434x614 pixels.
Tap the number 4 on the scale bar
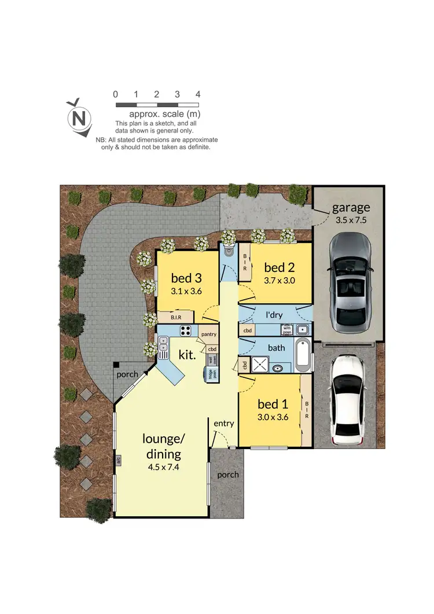(198, 94)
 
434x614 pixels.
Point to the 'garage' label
(351, 208)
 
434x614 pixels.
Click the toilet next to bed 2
(229, 252)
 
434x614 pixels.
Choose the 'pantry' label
(208, 334)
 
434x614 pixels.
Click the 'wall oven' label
(212, 359)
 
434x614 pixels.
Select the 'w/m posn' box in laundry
(287, 330)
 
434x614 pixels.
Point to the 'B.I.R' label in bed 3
(177, 318)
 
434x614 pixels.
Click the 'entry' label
(223, 423)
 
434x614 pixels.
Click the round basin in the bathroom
(278, 367)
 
